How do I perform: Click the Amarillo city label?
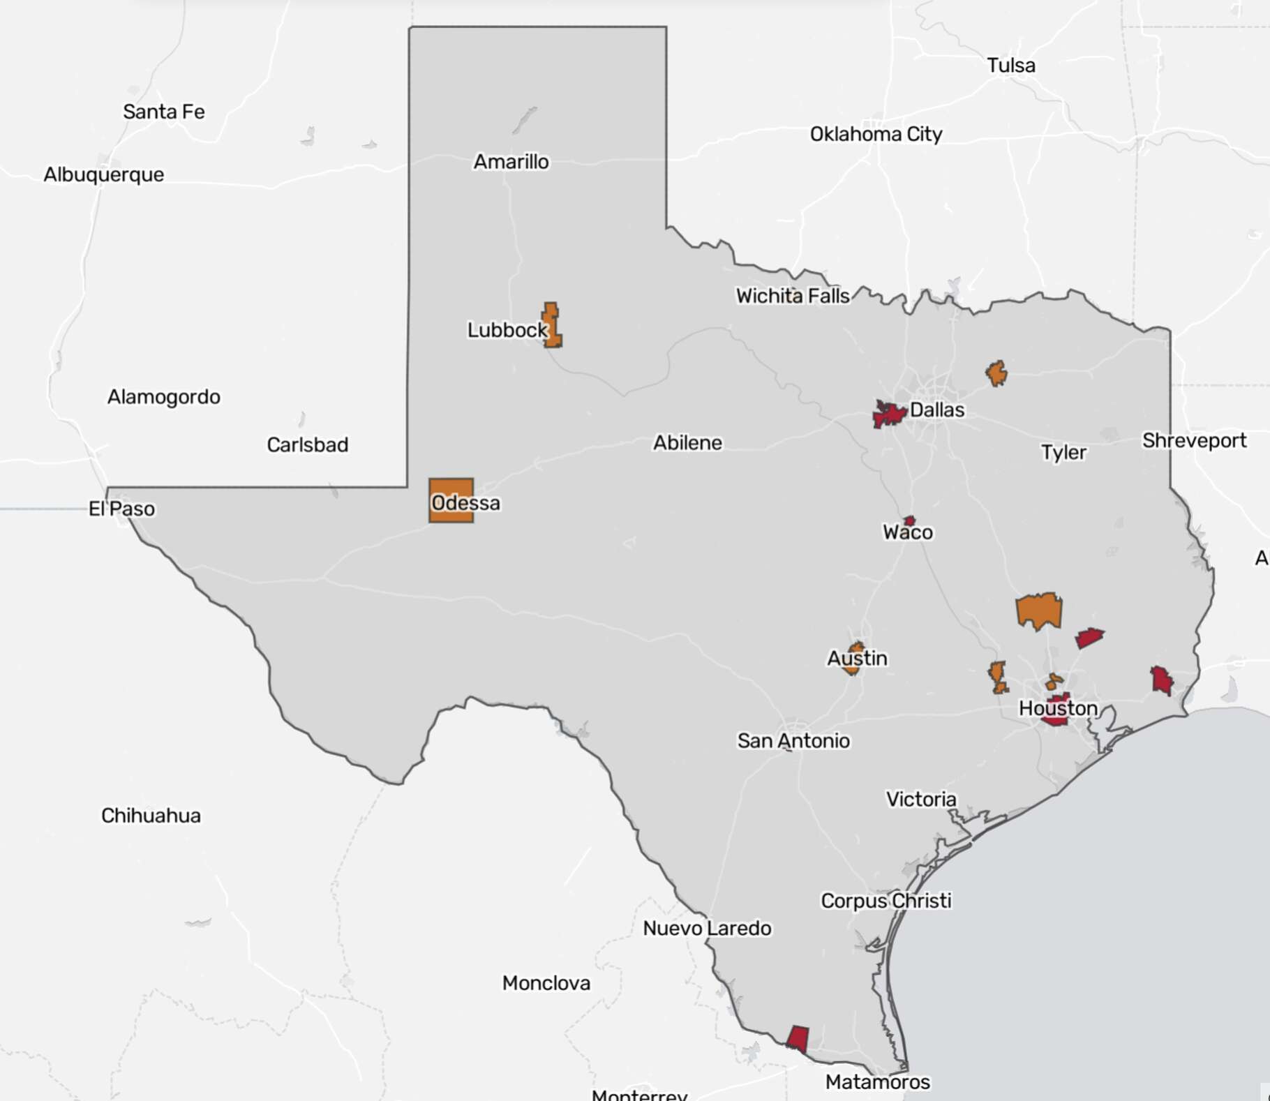coord(511,162)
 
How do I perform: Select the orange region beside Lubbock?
coord(552,326)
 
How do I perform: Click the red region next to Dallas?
coord(888,414)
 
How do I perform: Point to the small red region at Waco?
coord(909,520)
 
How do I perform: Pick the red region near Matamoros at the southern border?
coord(798,1038)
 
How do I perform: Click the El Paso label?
coord(121,509)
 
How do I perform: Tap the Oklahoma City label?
coord(876,134)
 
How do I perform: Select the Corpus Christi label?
coord(886,901)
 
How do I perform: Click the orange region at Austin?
coord(853,659)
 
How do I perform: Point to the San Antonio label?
coord(793,740)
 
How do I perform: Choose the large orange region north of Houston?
coord(1039,611)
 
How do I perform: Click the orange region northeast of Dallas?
coord(996,373)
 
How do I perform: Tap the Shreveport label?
coord(1194,441)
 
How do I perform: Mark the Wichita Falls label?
coord(793,296)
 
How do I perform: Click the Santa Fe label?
coord(164,112)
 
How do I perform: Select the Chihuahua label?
coord(151,816)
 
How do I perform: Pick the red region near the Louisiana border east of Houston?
coord(1161,680)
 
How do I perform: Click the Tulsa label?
coord(1010,66)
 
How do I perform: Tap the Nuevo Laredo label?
coord(707,929)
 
